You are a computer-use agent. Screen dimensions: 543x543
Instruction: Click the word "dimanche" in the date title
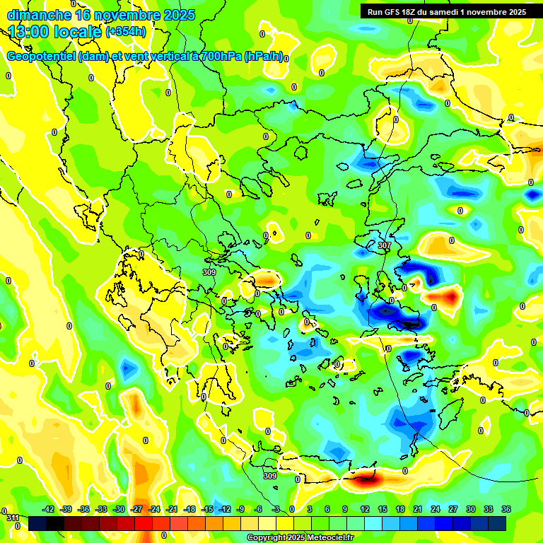(38, 15)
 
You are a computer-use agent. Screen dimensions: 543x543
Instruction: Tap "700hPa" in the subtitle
(220, 57)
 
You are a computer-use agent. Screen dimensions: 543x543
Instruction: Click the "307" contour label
(384, 245)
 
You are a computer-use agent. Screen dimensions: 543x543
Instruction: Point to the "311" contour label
(13, 518)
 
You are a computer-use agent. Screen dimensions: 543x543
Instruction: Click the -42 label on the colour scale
(48, 510)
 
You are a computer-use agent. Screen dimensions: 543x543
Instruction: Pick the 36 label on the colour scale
(506, 510)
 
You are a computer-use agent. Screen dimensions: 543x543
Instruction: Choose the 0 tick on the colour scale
(293, 510)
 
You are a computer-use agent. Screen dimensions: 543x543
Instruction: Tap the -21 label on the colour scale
(172, 510)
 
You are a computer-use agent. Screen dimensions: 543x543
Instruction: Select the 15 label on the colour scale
(382, 510)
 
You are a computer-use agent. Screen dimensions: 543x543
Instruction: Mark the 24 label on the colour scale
(436, 510)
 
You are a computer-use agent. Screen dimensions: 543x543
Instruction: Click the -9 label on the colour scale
(240, 510)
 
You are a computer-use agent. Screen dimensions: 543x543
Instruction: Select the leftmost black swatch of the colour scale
(37, 523)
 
